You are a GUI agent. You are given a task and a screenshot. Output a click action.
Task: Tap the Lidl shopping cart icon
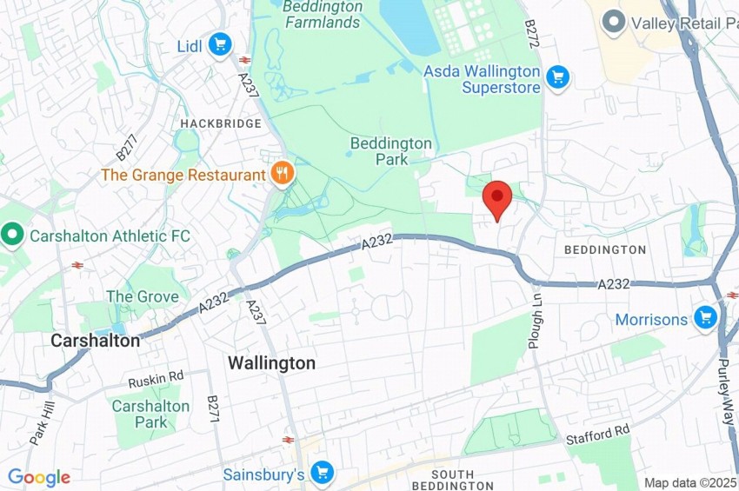(220, 43)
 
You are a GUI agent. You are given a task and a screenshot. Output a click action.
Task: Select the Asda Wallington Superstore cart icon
(557, 79)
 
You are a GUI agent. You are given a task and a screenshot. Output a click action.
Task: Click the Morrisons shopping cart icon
(704, 318)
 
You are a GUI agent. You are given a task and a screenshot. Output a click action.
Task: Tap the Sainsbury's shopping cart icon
(322, 474)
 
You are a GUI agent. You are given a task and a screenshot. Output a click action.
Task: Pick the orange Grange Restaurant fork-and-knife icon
(282, 174)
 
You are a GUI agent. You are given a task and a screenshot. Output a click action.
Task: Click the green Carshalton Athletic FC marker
(12, 235)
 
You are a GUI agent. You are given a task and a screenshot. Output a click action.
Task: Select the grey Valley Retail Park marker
(616, 23)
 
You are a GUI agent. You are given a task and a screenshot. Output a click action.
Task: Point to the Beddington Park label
(391, 151)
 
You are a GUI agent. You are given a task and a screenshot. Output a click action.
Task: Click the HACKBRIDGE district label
(221, 123)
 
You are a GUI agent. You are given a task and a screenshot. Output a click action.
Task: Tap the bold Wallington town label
(271, 363)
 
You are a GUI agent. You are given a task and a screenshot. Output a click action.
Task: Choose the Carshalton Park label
(150, 414)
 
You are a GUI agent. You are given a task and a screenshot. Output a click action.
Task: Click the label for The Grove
(143, 296)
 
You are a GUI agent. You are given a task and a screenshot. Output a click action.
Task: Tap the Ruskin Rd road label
(156, 378)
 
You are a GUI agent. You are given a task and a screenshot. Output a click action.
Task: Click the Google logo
(39, 477)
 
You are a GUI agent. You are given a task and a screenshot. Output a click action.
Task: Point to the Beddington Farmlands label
(322, 14)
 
